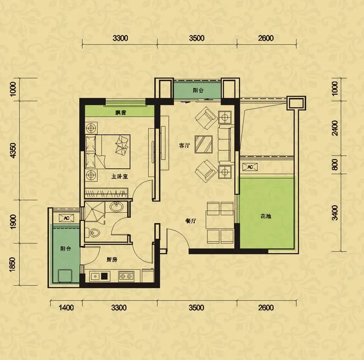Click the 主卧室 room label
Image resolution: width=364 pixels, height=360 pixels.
click(120, 176)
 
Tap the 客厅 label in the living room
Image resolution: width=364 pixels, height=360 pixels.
click(185, 145)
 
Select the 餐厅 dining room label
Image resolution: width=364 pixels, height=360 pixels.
click(191, 221)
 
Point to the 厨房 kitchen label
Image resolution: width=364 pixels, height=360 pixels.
click(112, 260)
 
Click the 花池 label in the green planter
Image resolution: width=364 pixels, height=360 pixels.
click(266, 216)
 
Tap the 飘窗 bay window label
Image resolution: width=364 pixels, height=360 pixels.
click(121, 112)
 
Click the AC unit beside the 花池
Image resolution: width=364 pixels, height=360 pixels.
click(250, 167)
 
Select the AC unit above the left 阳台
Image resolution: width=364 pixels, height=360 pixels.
click(67, 218)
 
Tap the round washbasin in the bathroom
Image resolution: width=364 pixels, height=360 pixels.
click(116, 207)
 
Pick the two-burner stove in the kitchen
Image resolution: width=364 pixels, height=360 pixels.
click(126, 276)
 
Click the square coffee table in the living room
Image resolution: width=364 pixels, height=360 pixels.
click(204, 144)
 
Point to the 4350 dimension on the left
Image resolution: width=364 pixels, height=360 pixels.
click(13, 150)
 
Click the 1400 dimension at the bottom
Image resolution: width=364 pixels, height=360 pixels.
click(66, 308)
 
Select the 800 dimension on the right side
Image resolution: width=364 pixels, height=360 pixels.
click(335, 165)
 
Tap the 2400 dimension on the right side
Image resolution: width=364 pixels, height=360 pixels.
click(335, 128)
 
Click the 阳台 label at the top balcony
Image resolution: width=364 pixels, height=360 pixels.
click(198, 90)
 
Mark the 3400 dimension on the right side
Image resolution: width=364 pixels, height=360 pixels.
click(335, 213)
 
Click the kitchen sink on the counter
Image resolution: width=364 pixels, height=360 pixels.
click(98, 276)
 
